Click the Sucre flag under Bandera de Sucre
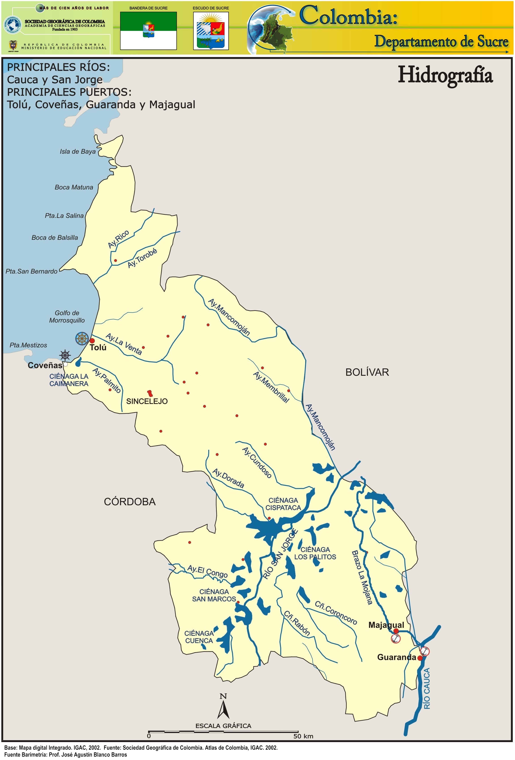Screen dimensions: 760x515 coord(148,31)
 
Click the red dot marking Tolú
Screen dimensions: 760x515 coord(92,341)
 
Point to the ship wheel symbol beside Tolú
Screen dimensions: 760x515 coord(82,338)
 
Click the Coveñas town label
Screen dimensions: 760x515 coord(45,365)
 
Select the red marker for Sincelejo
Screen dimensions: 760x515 coord(150,393)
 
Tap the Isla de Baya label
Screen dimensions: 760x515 coord(78,151)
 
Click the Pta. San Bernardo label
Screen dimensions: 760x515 coord(31,271)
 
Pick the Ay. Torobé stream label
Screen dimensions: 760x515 coord(142,258)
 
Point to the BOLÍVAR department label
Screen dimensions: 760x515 coord(367,372)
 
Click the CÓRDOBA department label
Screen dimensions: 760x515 coord(130,502)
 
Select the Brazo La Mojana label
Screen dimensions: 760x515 coord(362,578)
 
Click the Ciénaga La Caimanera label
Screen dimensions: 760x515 coord(69,380)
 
